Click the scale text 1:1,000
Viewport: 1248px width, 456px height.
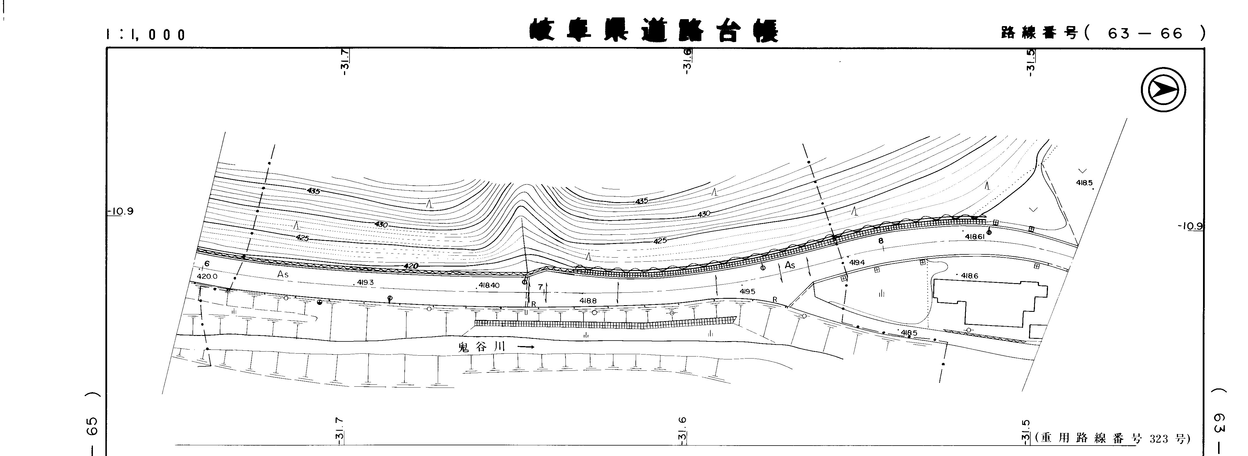point(146,35)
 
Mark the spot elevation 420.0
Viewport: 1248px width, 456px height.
point(207,276)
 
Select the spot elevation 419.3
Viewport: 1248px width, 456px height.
point(365,282)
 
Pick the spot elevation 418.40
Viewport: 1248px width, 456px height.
point(488,286)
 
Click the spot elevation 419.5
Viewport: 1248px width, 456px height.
point(747,292)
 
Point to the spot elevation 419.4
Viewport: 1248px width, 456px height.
point(857,262)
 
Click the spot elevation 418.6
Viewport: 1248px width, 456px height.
point(969,276)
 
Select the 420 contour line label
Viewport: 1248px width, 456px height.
point(410,266)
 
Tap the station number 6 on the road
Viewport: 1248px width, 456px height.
point(207,264)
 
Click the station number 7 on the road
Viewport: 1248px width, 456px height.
point(540,287)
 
